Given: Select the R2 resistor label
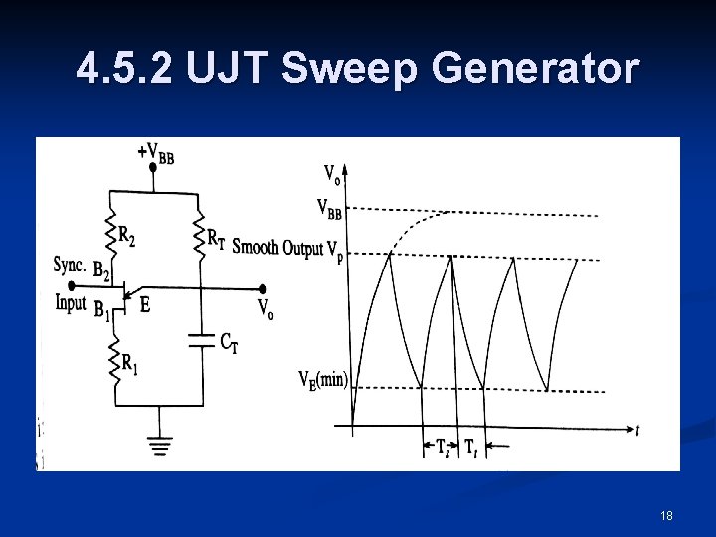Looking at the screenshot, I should (127, 236).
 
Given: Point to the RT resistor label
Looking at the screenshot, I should (215, 237).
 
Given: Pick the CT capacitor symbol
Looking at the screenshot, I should (202, 340).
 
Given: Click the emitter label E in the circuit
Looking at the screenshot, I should (145, 306).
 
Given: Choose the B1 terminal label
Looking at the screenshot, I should (101, 311).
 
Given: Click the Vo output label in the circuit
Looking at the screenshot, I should (266, 309).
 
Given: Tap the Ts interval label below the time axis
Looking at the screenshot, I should (445, 447).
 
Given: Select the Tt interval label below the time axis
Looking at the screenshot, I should (470, 447).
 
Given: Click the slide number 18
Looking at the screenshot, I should (665, 515).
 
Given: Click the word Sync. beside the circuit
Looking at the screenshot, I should (70, 265).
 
